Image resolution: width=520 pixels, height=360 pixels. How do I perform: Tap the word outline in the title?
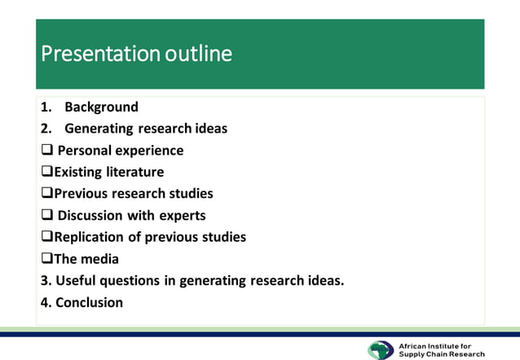[x=198, y=54]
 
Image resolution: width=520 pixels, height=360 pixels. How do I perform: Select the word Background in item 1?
[x=101, y=107]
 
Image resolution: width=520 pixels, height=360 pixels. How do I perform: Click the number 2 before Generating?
[x=44, y=129]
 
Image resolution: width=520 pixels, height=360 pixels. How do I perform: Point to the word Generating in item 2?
[x=99, y=129]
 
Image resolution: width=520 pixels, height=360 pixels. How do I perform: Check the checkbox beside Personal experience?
[x=46, y=151]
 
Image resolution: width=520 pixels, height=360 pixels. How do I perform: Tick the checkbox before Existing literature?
[x=46, y=172]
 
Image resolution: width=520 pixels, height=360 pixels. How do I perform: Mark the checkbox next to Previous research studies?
[x=46, y=194]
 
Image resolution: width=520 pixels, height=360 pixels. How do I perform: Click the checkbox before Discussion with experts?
[x=46, y=216]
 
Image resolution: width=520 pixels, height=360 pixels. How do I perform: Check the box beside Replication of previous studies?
[x=46, y=237]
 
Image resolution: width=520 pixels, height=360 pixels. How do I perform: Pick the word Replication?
[x=92, y=237]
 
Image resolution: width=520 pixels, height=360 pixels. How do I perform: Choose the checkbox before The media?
[x=46, y=259]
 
